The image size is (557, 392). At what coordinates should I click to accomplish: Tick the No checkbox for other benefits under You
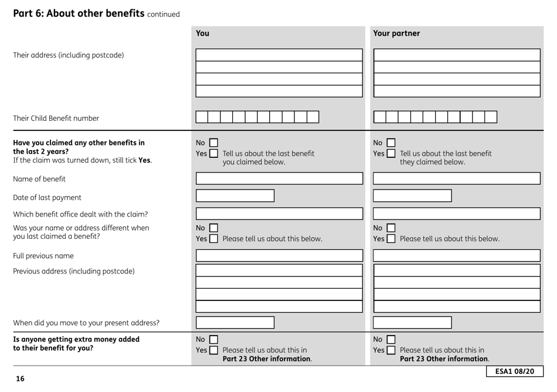[x=214, y=143]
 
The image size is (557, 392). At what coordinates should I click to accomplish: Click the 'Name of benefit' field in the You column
[x=279, y=178]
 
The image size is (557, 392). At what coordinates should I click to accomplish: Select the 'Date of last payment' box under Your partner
[x=413, y=195]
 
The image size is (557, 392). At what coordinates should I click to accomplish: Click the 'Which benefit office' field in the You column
[x=279, y=214]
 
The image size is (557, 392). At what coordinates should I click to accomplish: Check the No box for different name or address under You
[x=214, y=228]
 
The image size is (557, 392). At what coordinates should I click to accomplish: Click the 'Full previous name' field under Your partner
[x=457, y=255]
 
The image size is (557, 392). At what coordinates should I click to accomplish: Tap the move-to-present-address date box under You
[x=235, y=322]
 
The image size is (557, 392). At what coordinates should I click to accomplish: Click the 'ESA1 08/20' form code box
[x=515, y=371]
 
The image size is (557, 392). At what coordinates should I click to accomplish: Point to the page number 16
[x=20, y=379]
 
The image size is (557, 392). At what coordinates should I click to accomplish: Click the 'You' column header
[x=202, y=33]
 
